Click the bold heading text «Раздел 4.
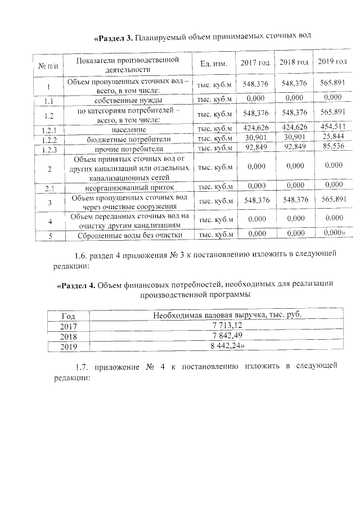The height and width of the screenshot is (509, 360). point(76,285)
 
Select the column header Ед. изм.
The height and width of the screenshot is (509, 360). point(213,63)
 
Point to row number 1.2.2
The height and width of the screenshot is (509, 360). point(49,139)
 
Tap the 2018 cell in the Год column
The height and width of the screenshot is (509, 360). point(67,336)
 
